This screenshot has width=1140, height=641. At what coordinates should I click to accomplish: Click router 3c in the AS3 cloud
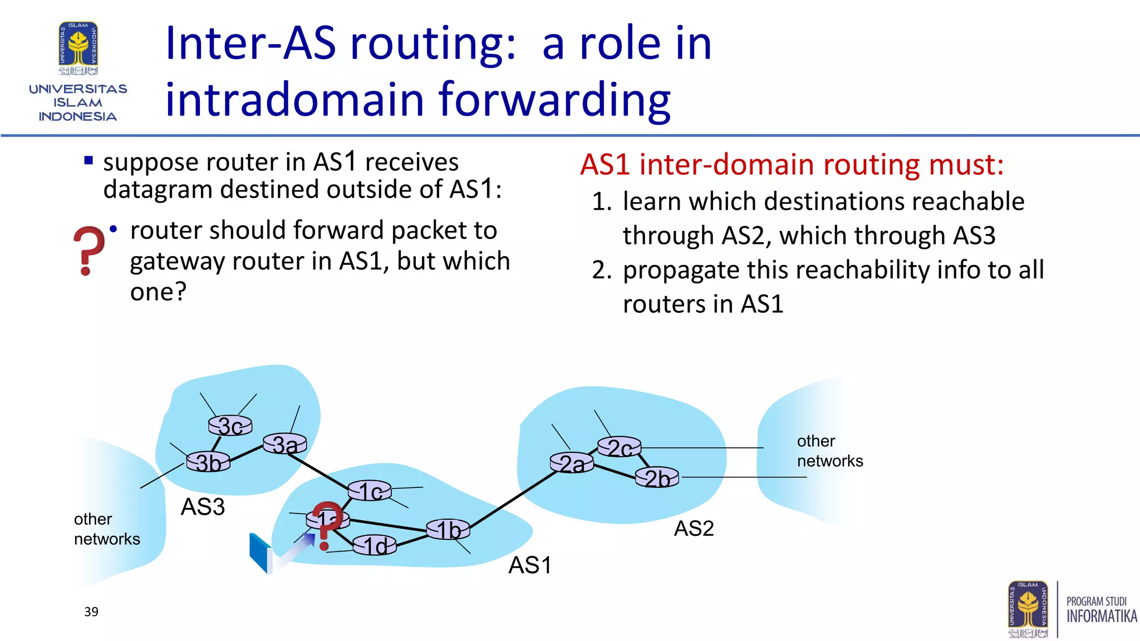[230, 426]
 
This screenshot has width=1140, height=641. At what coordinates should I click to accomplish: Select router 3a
[284, 444]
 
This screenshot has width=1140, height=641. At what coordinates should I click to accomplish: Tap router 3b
[208, 462]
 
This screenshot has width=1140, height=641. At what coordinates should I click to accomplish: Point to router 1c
[370, 491]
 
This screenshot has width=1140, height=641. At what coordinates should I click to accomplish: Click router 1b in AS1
[448, 529]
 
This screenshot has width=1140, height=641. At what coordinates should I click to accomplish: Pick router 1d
[375, 545]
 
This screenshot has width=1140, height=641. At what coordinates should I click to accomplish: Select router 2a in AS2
[572, 463]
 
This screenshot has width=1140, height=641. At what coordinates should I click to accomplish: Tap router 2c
[619, 447]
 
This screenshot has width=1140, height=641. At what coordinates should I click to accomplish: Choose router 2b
[657, 477]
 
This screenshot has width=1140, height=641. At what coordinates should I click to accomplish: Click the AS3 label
[203, 507]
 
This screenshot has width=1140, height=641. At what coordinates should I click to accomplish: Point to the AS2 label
[694, 528]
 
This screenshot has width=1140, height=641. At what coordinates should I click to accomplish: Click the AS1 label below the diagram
[529, 565]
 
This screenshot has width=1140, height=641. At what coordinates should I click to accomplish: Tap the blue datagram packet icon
[260, 553]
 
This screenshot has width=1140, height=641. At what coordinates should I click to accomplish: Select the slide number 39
[91, 612]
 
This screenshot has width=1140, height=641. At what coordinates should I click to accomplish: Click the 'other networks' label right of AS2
[829, 451]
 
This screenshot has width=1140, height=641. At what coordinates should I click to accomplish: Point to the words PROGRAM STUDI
[1096, 601]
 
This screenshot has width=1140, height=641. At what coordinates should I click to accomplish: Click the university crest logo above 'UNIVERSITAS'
[78, 48]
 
